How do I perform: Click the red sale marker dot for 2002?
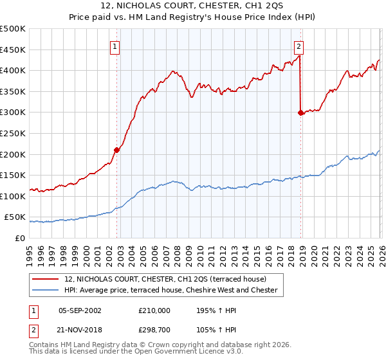116,150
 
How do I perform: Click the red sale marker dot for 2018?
300,113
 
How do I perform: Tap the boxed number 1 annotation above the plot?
115,46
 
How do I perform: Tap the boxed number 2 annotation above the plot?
299,46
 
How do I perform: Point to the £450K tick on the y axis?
13,50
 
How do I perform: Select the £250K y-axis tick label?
13,133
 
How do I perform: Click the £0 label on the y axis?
19,238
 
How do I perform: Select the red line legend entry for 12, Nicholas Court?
170,279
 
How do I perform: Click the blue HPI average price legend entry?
170,291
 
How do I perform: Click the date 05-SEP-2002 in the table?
80,310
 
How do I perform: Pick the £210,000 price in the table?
154,310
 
